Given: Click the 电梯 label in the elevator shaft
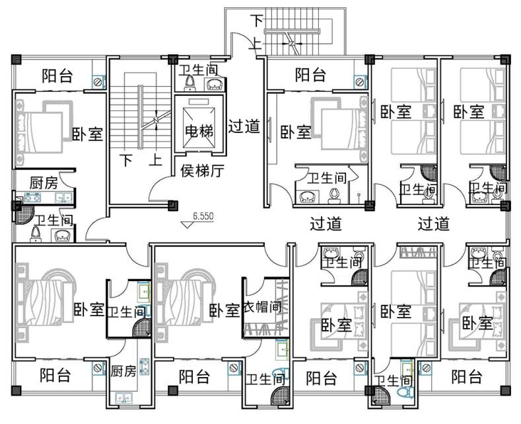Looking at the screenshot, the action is tap(199, 131).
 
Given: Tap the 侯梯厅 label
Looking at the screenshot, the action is tap(202, 171).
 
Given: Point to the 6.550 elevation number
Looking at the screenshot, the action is tap(203, 216).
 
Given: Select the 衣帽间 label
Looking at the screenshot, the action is tap(263, 307).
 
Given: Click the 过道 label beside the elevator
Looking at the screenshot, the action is tap(244, 126).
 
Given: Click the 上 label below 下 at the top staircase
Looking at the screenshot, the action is tap(256, 44).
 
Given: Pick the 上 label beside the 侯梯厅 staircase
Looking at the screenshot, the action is tap(155, 160).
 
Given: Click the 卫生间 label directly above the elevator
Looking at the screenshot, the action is tap(198, 70).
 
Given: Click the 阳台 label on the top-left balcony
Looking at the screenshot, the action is tap(57, 76).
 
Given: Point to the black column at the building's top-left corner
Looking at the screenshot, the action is tap(17, 60).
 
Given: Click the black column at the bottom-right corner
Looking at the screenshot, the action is tap(505, 390).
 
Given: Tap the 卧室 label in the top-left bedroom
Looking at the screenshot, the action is tap(87, 134).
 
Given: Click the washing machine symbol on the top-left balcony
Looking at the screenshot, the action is tap(98, 82).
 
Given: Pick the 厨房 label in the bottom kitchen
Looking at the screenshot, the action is tap(123, 371).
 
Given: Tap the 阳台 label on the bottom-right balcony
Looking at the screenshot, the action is tap(466, 376).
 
